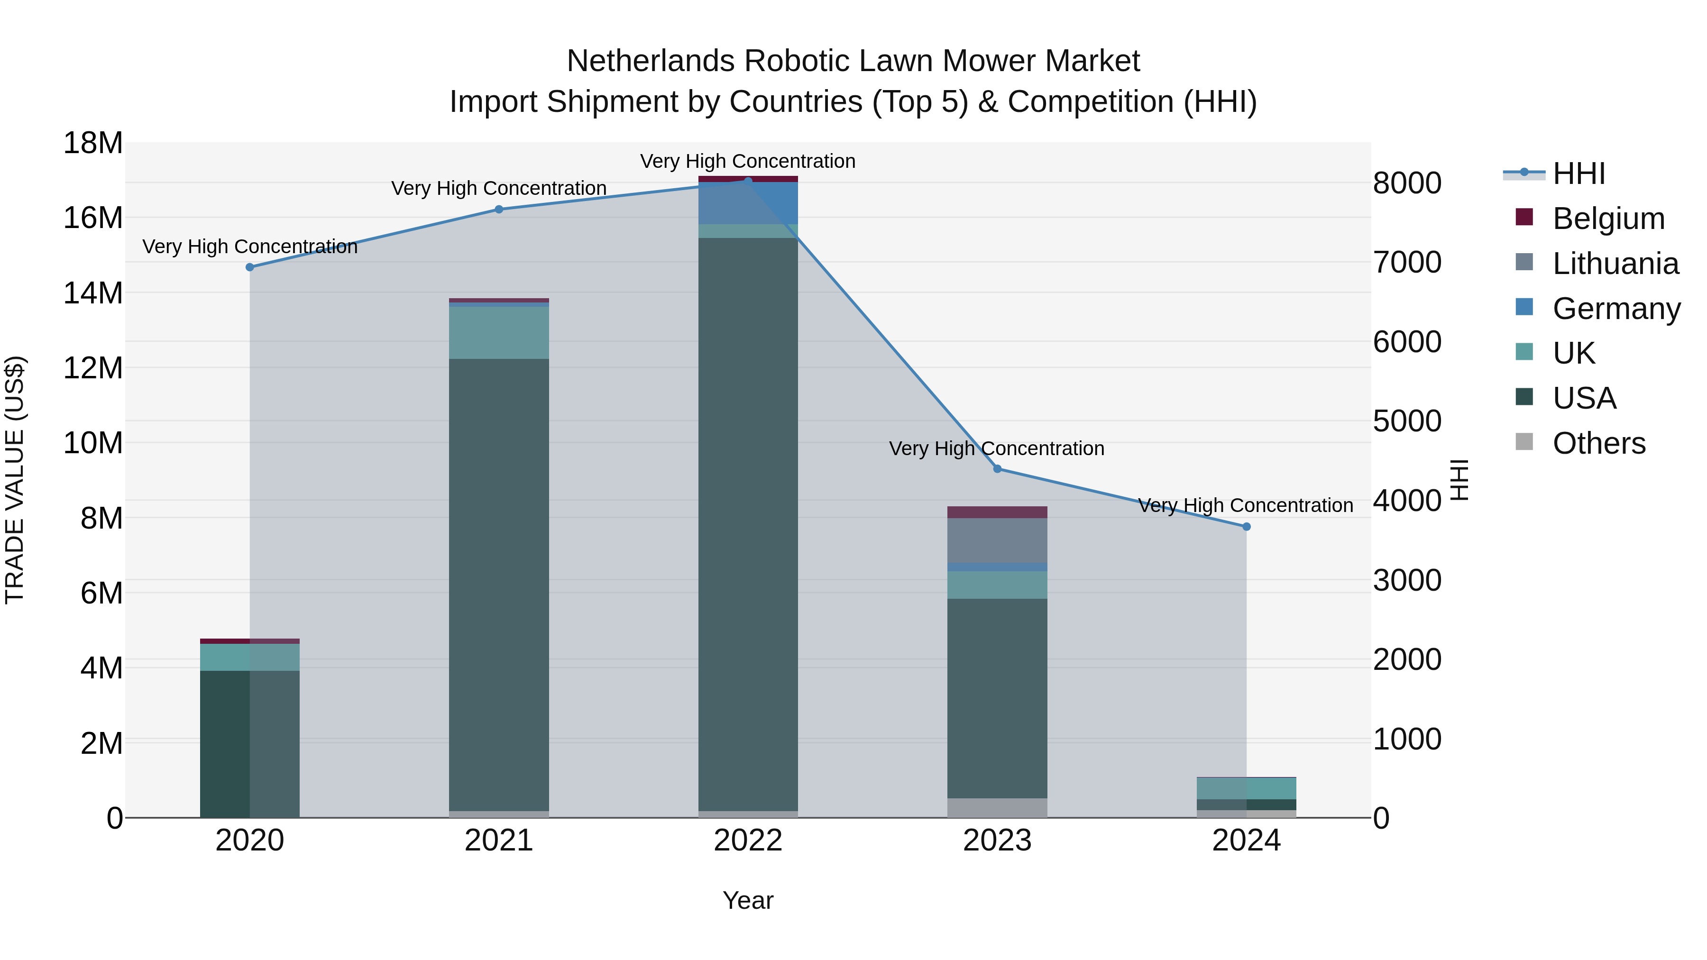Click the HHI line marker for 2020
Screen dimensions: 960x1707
point(250,267)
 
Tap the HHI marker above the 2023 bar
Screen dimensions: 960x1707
point(997,469)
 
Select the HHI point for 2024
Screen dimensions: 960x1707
point(1247,527)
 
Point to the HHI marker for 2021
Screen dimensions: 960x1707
point(499,210)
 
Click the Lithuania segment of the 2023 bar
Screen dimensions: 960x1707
point(997,540)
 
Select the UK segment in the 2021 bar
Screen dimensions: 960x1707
point(499,333)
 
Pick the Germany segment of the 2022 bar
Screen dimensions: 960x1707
point(748,203)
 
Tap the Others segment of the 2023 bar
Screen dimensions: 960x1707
point(997,808)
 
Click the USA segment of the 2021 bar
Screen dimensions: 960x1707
point(499,583)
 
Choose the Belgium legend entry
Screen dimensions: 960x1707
point(1608,219)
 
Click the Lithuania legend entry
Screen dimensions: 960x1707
point(1615,264)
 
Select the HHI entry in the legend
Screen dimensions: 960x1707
point(1579,174)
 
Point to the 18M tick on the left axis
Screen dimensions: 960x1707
point(93,143)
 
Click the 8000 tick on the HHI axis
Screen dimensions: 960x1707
point(1407,183)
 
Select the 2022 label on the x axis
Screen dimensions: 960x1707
point(748,841)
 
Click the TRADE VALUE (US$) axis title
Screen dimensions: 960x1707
point(15,480)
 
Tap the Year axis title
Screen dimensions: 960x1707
point(748,900)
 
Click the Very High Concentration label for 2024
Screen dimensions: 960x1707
point(1245,505)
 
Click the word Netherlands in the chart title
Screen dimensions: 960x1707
point(651,61)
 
